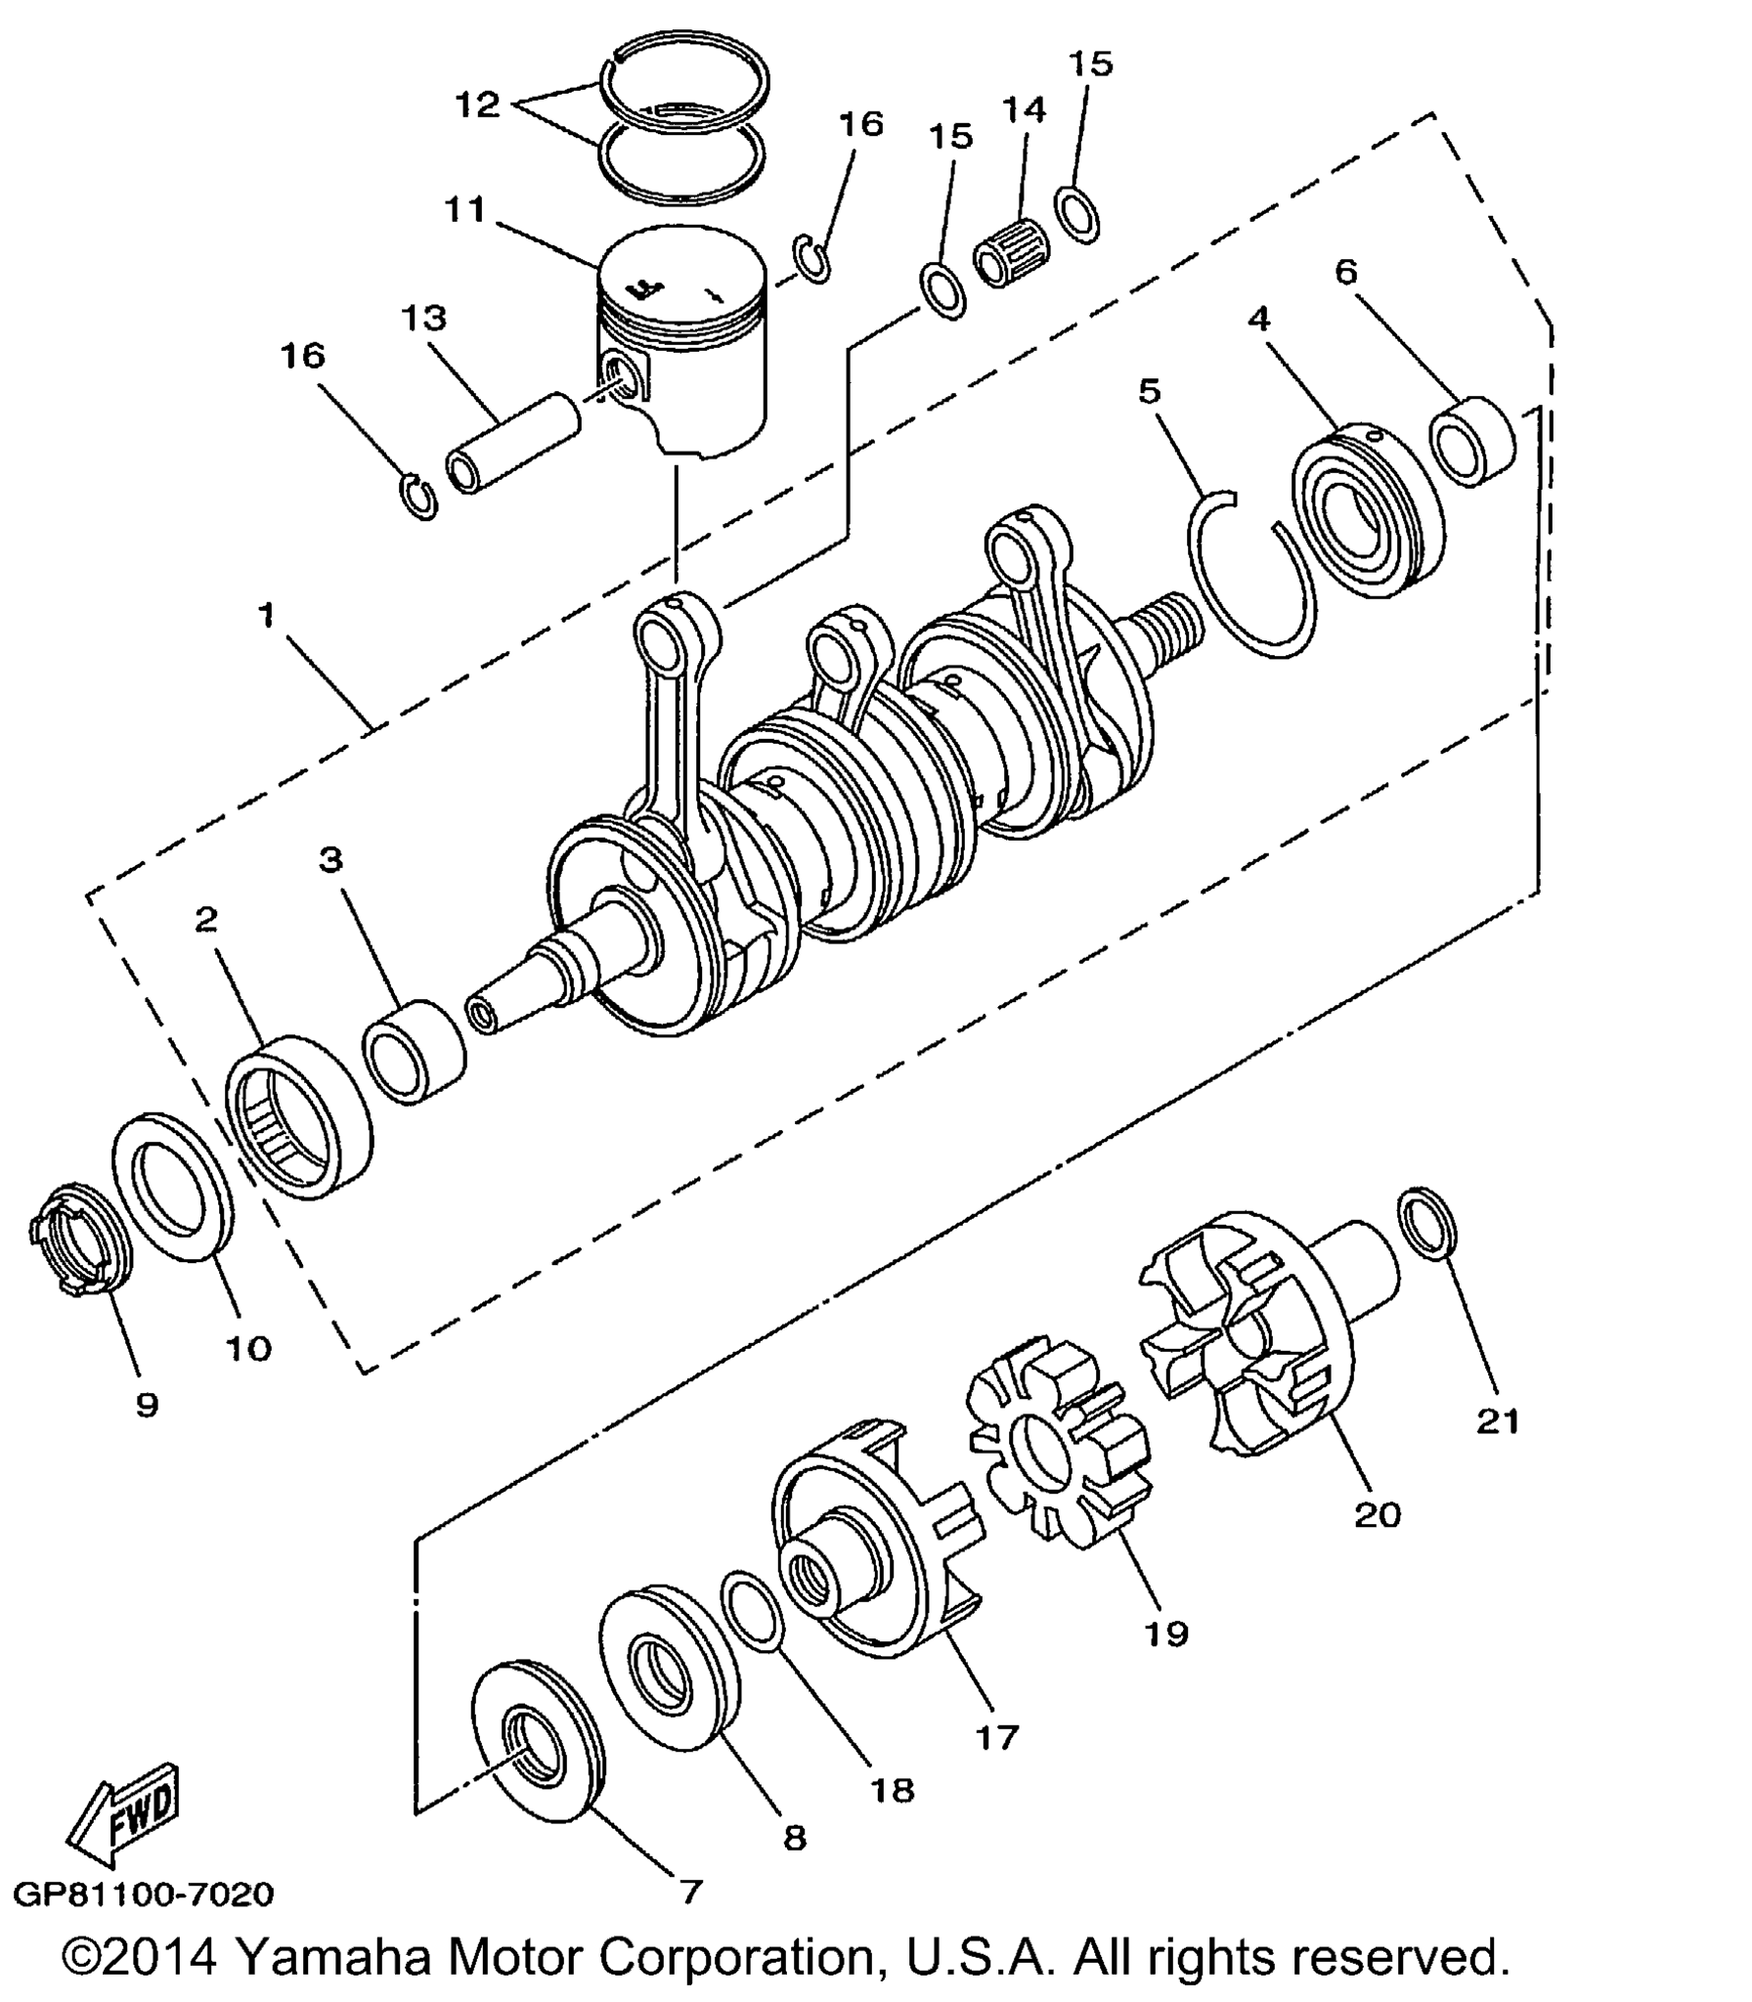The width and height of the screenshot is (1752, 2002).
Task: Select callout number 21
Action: point(1498,1421)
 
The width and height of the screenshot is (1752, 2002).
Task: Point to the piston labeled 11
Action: point(681,341)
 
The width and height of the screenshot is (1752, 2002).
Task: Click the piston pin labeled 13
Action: point(513,443)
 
